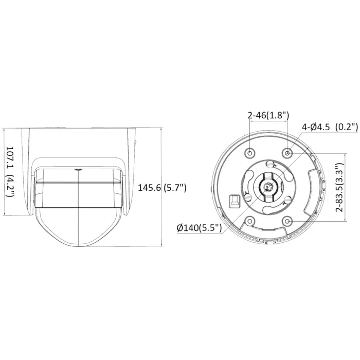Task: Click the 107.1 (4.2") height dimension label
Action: click(x=10, y=171)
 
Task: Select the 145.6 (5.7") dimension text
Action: click(x=162, y=188)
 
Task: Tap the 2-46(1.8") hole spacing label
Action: click(x=268, y=115)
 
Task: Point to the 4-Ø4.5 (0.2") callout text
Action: click(x=330, y=127)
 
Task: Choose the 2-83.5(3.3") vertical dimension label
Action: click(x=339, y=187)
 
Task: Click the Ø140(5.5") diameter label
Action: click(x=199, y=228)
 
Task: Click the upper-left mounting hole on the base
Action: click(x=249, y=153)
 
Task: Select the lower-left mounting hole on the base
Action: click(x=249, y=221)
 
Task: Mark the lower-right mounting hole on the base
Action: click(x=287, y=221)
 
